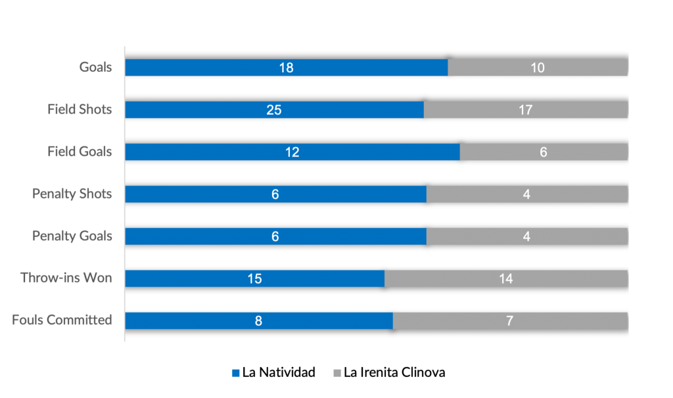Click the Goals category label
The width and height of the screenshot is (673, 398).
click(96, 67)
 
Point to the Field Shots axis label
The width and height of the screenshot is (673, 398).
click(80, 109)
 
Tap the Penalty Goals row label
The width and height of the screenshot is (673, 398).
click(72, 236)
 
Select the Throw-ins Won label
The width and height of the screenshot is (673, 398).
click(66, 278)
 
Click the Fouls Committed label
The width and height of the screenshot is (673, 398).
click(62, 320)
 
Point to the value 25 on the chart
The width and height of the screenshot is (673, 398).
click(274, 110)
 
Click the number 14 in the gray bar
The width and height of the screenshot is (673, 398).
click(505, 278)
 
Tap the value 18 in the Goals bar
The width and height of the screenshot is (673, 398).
click(286, 68)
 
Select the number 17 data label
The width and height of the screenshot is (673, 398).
click(525, 110)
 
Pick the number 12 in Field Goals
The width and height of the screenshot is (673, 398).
click(292, 152)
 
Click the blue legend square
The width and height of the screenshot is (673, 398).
click(236, 372)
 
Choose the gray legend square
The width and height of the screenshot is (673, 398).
click(337, 372)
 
